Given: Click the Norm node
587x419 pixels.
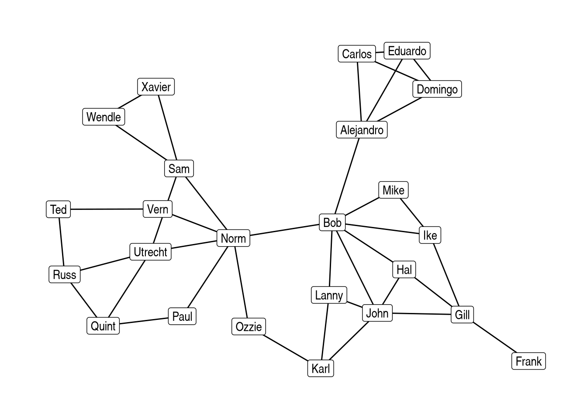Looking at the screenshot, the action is (x=233, y=238).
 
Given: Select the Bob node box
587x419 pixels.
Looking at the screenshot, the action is (x=332, y=222).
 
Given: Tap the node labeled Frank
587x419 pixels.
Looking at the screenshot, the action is (x=528, y=361).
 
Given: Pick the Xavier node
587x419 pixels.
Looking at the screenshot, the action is (x=156, y=87).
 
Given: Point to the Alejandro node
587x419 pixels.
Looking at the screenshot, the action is (x=362, y=130).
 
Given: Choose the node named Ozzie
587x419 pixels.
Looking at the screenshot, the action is (x=249, y=326).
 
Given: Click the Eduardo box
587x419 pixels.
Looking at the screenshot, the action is (x=407, y=51).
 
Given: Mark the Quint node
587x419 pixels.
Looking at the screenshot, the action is (x=103, y=326).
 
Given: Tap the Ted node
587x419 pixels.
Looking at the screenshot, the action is (x=58, y=209).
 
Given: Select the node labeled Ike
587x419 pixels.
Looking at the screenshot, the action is (x=430, y=235).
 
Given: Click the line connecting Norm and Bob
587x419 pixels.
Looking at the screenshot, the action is (x=284, y=230).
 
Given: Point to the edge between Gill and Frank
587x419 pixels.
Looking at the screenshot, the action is (x=495, y=337).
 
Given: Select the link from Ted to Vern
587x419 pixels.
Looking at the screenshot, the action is (x=107, y=209).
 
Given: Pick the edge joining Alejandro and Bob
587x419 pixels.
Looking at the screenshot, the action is (x=347, y=176).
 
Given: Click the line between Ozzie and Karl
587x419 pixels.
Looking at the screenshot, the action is (x=286, y=348).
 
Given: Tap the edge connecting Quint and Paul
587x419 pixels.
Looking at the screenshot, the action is (x=144, y=321).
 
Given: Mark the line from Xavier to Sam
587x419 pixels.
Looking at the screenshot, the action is (x=167, y=127).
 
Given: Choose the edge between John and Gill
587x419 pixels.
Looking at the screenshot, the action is (x=421, y=314).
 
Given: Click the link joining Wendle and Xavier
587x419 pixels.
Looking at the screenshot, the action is (x=130, y=102).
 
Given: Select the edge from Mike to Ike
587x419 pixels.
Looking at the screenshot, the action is (x=412, y=213).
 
